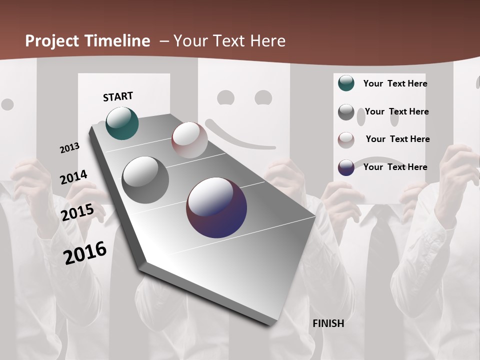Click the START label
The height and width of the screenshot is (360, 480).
pyautogui.click(x=118, y=96)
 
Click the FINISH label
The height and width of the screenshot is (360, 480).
pyautogui.click(x=328, y=323)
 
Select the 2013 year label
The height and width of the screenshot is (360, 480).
pyautogui.click(x=70, y=148)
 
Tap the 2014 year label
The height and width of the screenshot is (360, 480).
pyautogui.click(x=73, y=177)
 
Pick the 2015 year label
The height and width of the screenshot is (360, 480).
pyautogui.click(x=77, y=212)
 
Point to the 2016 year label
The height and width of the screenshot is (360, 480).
pyautogui.click(x=85, y=253)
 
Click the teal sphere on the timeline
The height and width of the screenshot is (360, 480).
pyautogui.click(x=122, y=123)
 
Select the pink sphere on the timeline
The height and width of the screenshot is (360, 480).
pyautogui.click(x=189, y=140)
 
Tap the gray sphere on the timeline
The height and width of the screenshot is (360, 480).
pyautogui.click(x=145, y=180)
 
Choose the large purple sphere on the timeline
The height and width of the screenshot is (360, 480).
pyautogui.click(x=216, y=207)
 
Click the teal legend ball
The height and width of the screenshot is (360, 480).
pyautogui.click(x=346, y=83)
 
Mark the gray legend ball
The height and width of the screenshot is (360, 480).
pyautogui.click(x=346, y=112)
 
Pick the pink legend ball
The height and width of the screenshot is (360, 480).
pyautogui.click(x=346, y=140)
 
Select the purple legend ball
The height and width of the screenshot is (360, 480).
pyautogui.click(x=346, y=167)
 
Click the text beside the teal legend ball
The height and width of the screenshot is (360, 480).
pyautogui.click(x=395, y=83)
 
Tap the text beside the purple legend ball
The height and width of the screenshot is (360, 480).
pyautogui.click(x=395, y=167)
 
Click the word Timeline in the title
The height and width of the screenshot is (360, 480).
pyautogui.click(x=117, y=41)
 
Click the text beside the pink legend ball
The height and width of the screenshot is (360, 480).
pyautogui.click(x=397, y=139)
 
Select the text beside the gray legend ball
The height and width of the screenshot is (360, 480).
pyautogui.click(x=396, y=111)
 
